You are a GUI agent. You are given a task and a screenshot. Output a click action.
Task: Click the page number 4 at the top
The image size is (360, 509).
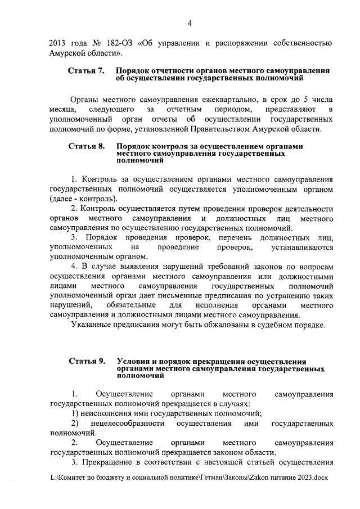[190, 22]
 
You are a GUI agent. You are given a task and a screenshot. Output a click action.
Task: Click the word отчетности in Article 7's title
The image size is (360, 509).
[163, 71]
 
